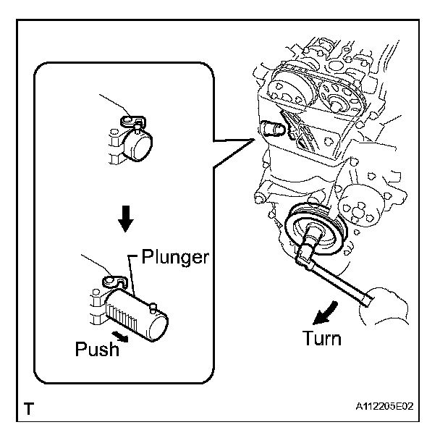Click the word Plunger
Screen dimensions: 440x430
(x=175, y=257)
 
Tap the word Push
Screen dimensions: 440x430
(x=97, y=349)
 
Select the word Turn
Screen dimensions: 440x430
(x=322, y=338)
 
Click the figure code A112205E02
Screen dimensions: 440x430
(x=384, y=406)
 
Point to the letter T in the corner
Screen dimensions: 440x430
(x=29, y=408)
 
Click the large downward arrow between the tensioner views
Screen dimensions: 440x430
(x=125, y=219)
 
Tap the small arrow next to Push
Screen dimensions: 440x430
(x=120, y=336)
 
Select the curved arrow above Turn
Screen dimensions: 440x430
(x=326, y=313)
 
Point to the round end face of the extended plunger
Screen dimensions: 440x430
(x=159, y=326)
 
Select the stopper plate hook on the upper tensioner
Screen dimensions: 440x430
(x=133, y=121)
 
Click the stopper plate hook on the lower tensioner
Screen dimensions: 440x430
(x=115, y=282)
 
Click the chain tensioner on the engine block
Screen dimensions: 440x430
(x=273, y=129)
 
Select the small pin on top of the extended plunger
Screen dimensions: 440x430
(x=153, y=307)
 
